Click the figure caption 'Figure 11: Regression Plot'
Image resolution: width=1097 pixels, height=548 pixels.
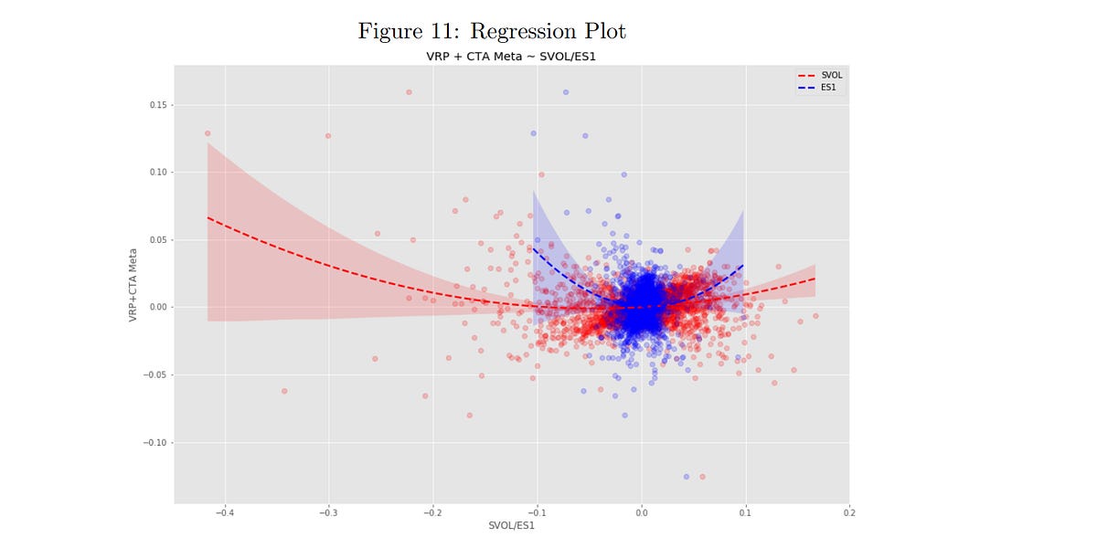click(x=492, y=31)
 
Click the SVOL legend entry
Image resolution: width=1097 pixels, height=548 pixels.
click(x=820, y=76)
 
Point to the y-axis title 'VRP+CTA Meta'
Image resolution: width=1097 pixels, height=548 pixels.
click(x=133, y=284)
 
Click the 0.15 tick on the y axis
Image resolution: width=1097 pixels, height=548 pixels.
click(x=158, y=105)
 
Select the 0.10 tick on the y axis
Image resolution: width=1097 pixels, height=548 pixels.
click(x=158, y=173)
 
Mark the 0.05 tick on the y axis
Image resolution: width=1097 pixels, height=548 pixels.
click(x=158, y=240)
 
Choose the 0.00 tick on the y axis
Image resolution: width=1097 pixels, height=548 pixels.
click(x=158, y=308)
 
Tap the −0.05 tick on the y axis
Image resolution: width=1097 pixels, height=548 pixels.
click(x=156, y=375)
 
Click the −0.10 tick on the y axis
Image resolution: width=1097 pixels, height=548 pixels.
click(x=156, y=443)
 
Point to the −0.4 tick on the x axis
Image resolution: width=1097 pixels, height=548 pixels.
click(x=223, y=511)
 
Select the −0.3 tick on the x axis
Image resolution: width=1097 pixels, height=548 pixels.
click(x=327, y=511)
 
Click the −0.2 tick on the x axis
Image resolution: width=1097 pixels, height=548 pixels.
click(x=431, y=511)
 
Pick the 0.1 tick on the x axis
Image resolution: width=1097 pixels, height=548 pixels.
click(x=745, y=511)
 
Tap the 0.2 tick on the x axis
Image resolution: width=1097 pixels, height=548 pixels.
click(x=849, y=511)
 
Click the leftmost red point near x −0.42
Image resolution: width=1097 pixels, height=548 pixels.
click(x=208, y=133)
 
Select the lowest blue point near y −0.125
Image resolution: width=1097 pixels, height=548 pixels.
click(x=686, y=477)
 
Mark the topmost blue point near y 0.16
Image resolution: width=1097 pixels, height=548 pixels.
click(x=566, y=92)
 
